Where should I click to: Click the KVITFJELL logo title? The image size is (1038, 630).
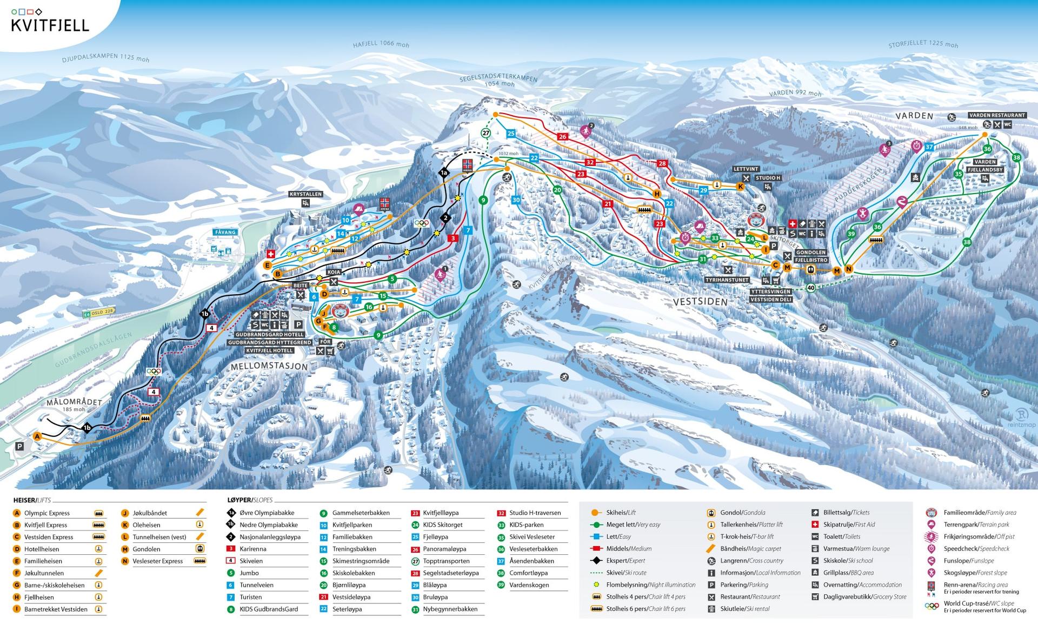[50, 25]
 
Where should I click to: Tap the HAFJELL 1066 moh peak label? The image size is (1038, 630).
[381, 44]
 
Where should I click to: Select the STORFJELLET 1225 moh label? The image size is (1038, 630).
[923, 44]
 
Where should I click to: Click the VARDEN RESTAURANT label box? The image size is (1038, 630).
[997, 115]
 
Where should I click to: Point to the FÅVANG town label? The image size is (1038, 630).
[225, 233]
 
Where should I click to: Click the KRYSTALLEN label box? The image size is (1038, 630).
[305, 194]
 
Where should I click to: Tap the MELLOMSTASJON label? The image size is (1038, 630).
[269, 367]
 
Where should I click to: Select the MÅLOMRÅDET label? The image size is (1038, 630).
[74, 402]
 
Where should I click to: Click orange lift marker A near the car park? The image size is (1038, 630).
[37, 436]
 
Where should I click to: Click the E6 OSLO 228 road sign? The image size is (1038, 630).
[98, 311]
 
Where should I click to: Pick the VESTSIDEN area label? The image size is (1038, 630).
[700, 302]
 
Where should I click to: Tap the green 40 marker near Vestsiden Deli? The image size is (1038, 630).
[810, 288]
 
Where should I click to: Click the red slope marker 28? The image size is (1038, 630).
[662, 163]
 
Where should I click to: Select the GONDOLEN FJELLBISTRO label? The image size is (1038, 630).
[810, 256]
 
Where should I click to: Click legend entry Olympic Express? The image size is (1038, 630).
[47, 513]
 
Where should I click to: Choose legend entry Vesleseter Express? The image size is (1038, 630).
[157, 561]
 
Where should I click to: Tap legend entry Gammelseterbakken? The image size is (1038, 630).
[361, 513]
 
